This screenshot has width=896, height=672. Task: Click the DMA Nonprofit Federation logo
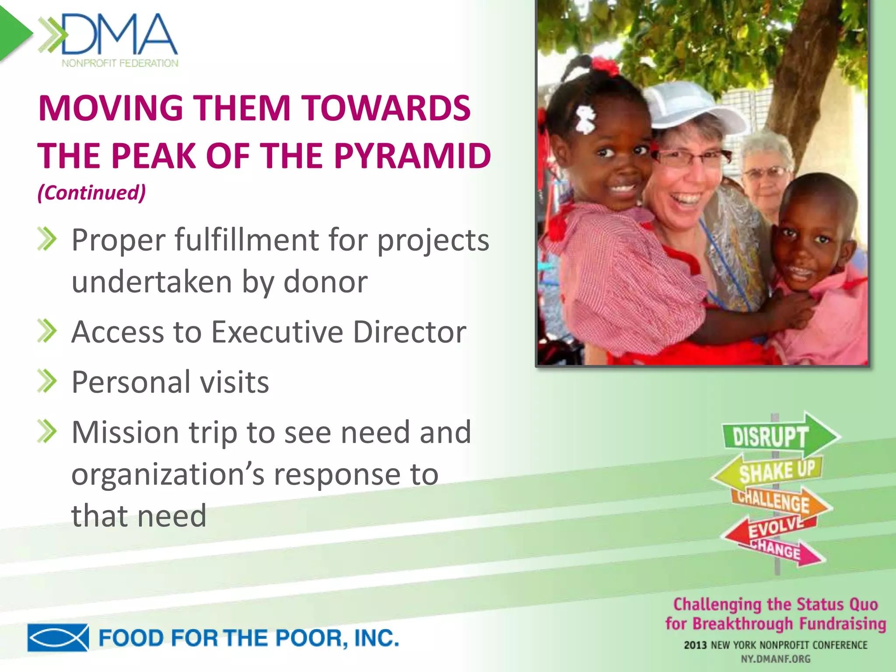[x=109, y=39]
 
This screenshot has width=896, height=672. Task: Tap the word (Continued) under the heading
[x=91, y=192]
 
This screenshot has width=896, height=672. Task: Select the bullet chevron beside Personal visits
[x=47, y=381]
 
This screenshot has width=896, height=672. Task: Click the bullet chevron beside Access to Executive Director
[x=47, y=331]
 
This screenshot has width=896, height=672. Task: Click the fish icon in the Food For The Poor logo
[x=58, y=637]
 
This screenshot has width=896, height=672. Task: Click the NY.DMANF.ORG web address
[x=776, y=659]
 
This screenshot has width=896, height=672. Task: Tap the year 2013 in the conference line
[x=695, y=645]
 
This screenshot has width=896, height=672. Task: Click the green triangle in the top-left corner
[x=13, y=33]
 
